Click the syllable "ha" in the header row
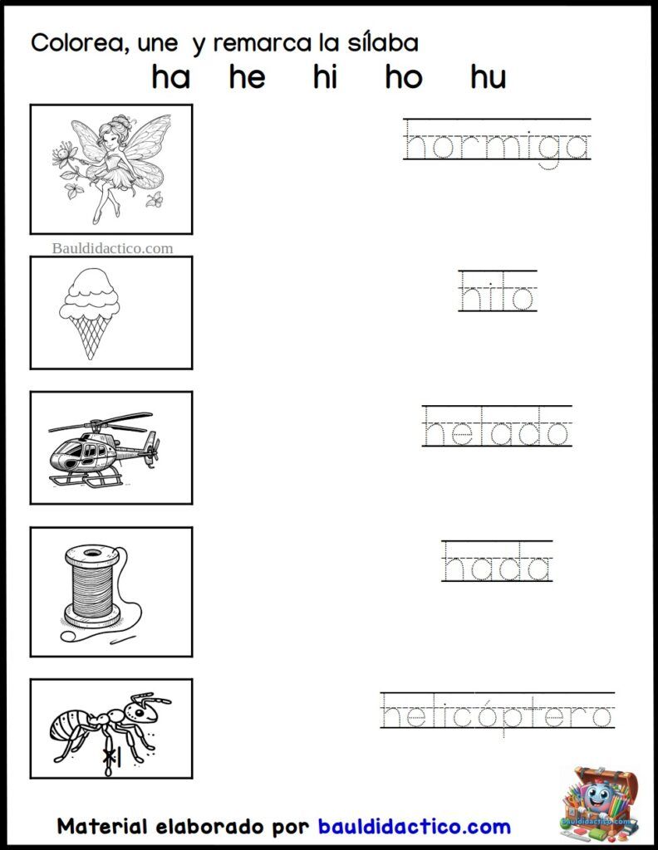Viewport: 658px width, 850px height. (x=171, y=77)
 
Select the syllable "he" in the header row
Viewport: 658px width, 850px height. (x=248, y=77)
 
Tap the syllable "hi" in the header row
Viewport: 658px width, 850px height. (x=325, y=77)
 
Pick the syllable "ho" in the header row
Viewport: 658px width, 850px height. (x=404, y=77)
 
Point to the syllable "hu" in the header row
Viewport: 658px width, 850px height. (x=489, y=77)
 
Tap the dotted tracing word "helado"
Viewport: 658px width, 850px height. (x=497, y=427)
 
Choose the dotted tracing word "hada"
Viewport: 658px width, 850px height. (x=497, y=562)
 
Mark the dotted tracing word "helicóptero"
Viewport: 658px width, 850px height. (x=498, y=711)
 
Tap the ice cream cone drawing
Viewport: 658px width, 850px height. (x=90, y=313)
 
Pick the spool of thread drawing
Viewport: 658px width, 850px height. (x=101, y=593)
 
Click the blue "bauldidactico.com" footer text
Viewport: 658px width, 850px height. (x=415, y=827)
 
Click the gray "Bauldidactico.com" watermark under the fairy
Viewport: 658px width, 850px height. (x=112, y=248)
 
